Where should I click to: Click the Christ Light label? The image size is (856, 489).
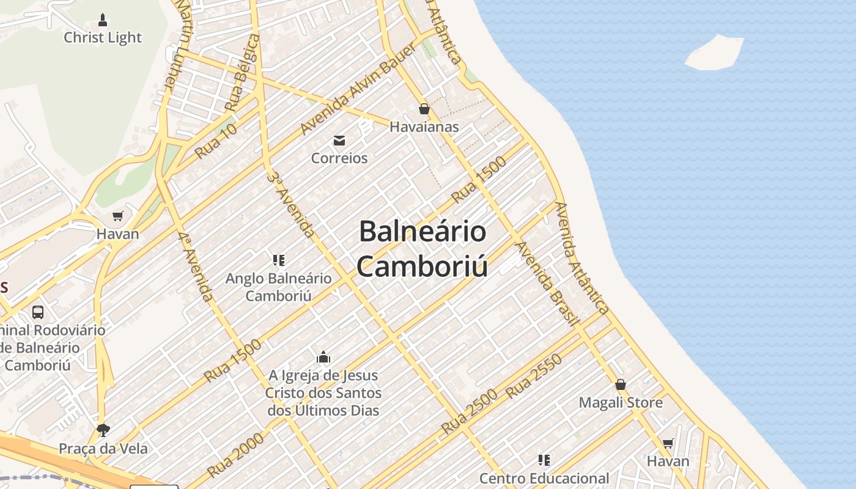pos(103,38)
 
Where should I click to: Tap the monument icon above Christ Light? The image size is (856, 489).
pos(103,20)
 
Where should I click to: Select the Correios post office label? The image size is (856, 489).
pos(339,158)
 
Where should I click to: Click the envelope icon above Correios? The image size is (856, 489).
pos(339,141)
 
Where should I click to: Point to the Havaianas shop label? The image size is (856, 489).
pos(424,127)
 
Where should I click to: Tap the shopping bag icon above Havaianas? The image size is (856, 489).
pos(424,109)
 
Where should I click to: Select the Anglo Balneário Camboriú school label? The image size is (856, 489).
pos(279,287)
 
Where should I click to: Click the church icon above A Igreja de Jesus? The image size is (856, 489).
pos(323,358)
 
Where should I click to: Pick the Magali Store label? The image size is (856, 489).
pos(621,403)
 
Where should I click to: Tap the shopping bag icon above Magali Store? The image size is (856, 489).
pos(621,384)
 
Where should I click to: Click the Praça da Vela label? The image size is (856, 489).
pos(103,449)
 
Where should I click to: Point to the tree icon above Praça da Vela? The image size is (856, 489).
pos(103,430)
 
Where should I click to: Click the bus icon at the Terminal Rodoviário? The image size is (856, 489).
pos(38,312)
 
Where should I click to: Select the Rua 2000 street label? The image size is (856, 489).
pos(235,455)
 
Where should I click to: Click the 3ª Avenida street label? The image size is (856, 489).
pos(291,204)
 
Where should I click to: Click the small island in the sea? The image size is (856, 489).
pos(714,53)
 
